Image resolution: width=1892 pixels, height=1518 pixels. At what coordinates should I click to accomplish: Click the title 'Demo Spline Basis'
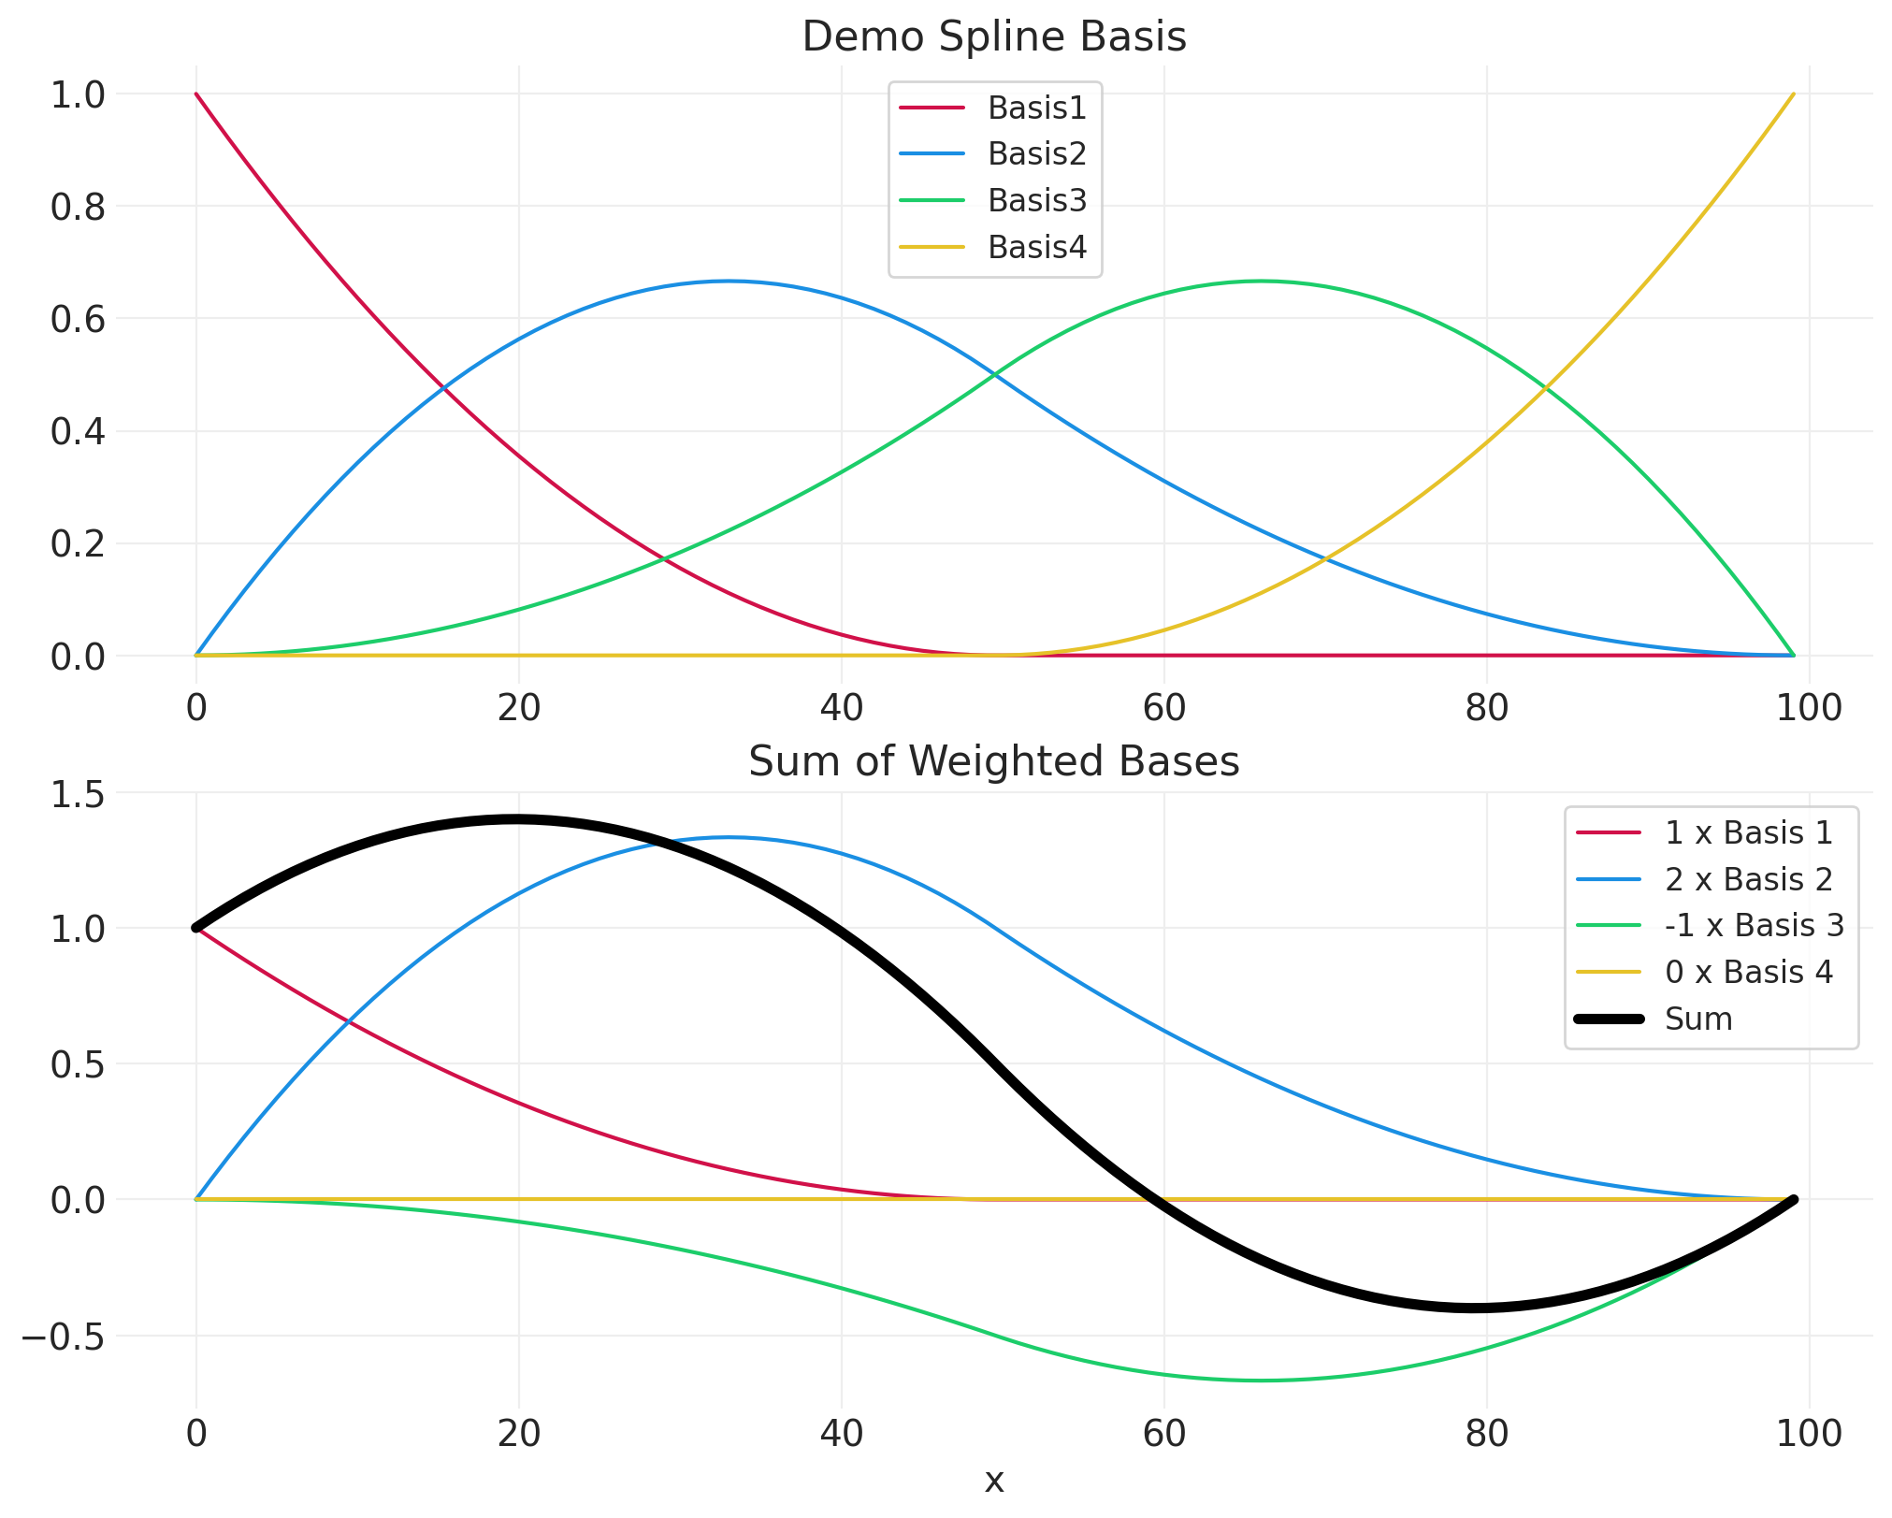994,37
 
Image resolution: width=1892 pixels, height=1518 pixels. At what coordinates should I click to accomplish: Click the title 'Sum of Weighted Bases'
994,761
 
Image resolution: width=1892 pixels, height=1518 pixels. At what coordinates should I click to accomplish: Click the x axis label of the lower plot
994,1481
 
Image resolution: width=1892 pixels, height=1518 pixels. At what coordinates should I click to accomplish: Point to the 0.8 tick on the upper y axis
78,207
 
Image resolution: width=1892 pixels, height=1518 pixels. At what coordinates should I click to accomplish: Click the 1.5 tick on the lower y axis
78,793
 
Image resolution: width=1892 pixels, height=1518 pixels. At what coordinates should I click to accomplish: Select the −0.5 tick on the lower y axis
63,1337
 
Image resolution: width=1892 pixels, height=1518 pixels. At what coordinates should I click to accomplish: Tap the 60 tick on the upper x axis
1163,708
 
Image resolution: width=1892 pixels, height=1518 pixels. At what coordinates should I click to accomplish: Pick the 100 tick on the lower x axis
1809,1434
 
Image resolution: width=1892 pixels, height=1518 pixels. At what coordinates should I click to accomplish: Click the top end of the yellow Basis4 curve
1793,94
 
